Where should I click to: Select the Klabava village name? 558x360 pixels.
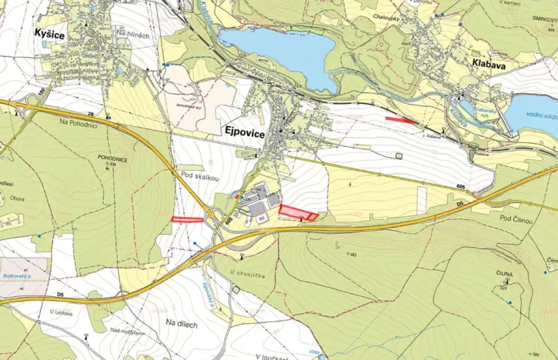[488, 66]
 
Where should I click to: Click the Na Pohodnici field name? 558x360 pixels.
[76, 122]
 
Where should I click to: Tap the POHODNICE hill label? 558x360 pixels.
[112, 157]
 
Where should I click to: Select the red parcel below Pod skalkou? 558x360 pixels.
[187, 219]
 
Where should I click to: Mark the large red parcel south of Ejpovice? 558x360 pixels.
[297, 212]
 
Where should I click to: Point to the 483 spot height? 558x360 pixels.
[353, 255]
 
